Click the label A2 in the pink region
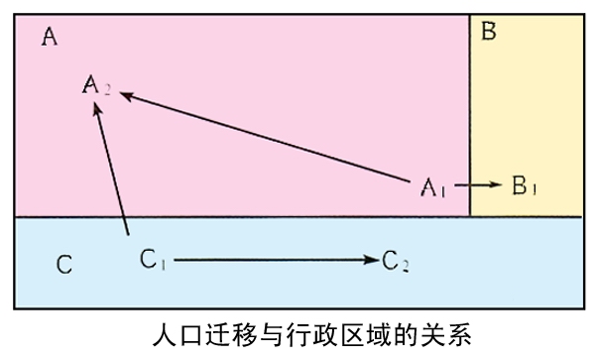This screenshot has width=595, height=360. click(96, 87)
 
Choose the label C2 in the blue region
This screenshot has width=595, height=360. click(395, 261)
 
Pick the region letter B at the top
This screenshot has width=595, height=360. click(488, 32)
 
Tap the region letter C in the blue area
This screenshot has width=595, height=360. click(62, 265)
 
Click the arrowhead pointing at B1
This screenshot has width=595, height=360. click(498, 184)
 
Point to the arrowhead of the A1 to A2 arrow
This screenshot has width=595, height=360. click(126, 94)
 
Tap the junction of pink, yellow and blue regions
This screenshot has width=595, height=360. click(470, 217)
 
